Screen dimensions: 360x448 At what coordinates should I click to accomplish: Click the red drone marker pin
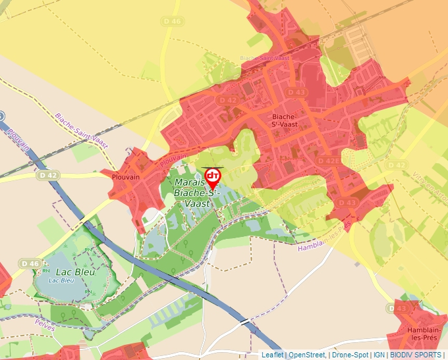(x=213, y=176)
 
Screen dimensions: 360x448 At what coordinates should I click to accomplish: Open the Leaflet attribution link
(x=272, y=355)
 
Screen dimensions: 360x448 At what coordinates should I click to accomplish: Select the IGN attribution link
(x=379, y=355)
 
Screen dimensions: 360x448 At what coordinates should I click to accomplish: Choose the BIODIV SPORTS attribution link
(x=416, y=355)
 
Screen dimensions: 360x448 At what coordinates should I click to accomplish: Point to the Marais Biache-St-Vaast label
(x=194, y=192)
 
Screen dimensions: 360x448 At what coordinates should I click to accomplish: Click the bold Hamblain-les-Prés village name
(x=424, y=334)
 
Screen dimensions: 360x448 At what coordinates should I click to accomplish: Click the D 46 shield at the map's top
(x=172, y=22)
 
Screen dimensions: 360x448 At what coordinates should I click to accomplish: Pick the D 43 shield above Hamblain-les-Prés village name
(x=401, y=309)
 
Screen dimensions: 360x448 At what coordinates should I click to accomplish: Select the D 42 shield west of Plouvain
(x=47, y=175)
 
